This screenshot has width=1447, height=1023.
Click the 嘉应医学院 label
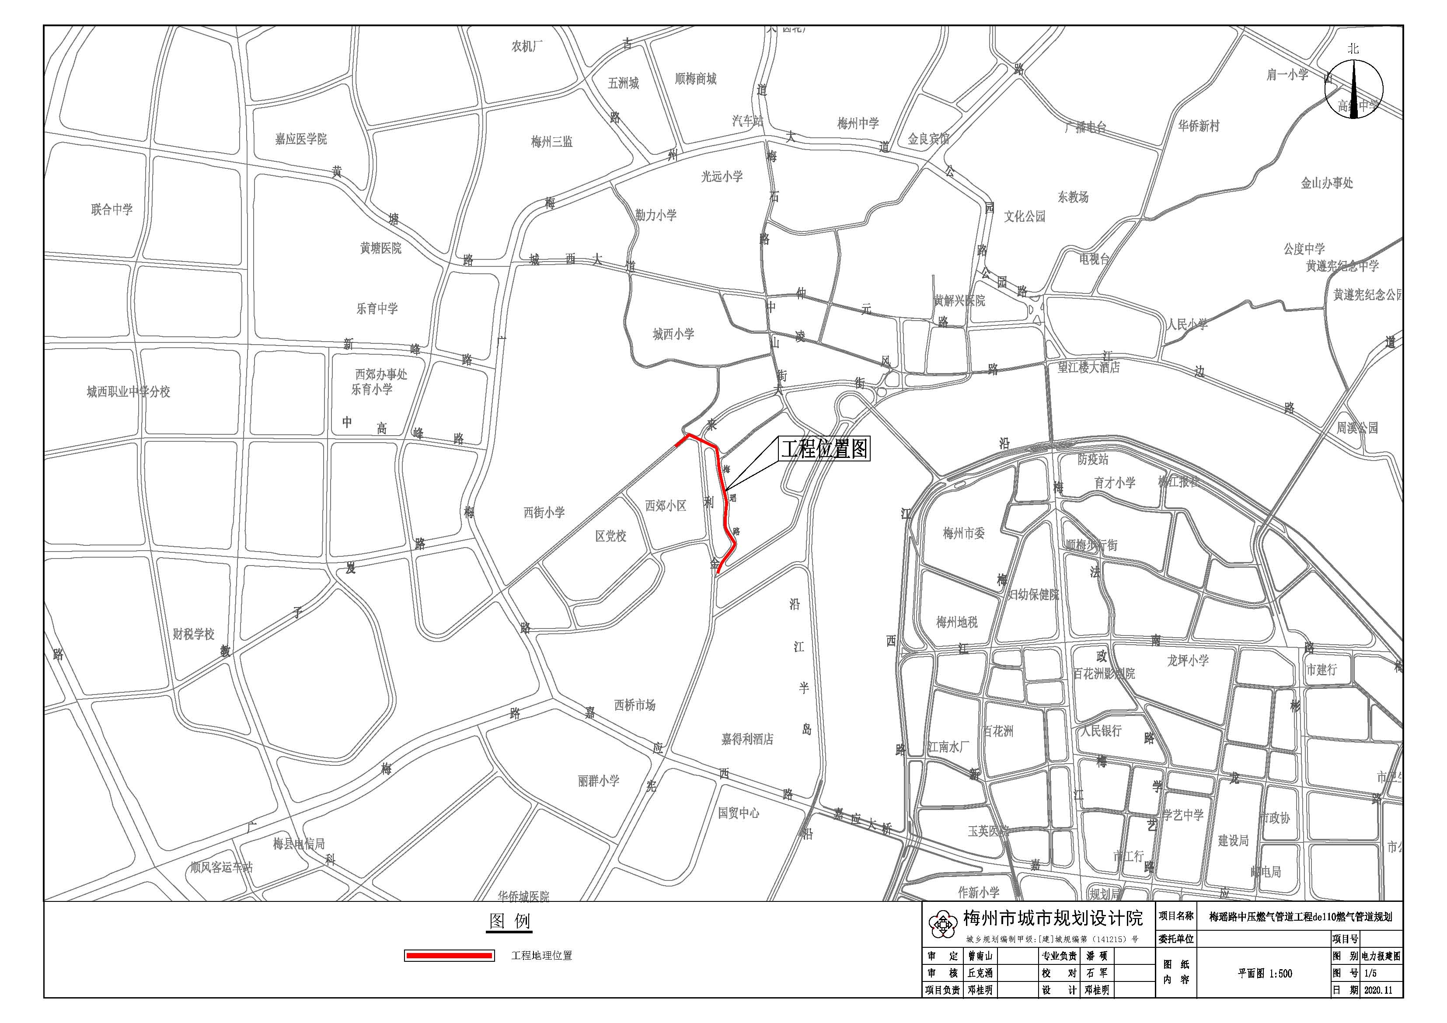point(300,139)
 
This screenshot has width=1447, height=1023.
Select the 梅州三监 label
point(551,142)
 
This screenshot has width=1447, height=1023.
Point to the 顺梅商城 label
point(695,79)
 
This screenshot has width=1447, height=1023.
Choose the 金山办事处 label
point(1327,183)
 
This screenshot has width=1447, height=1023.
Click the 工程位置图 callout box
point(824,449)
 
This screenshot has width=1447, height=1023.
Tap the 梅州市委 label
point(964,533)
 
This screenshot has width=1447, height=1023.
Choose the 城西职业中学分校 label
point(129,392)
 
